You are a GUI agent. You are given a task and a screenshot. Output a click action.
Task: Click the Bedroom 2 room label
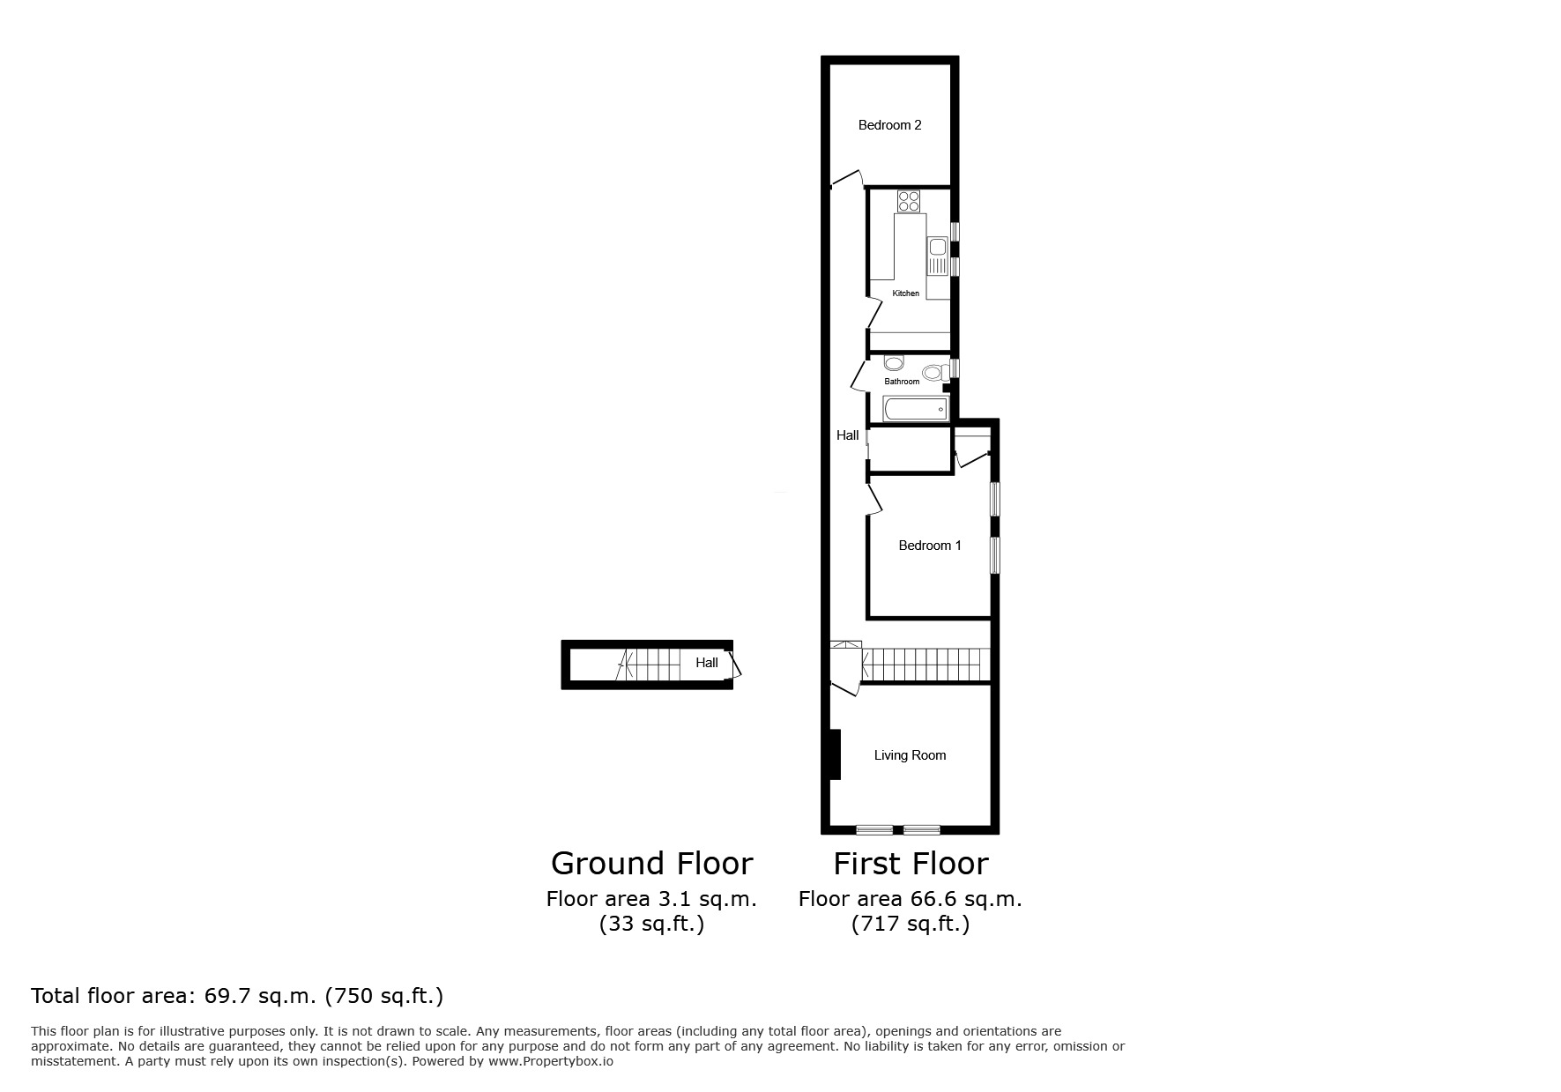pos(889,125)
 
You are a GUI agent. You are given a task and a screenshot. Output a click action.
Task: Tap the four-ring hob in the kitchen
pos(909,201)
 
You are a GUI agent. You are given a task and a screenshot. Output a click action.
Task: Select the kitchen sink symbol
pos(936,256)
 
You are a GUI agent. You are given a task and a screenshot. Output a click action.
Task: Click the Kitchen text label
pos(905,293)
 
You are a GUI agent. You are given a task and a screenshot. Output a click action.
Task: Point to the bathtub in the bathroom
pos(916,409)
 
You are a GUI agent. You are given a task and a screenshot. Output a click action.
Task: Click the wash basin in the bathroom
pos(894,363)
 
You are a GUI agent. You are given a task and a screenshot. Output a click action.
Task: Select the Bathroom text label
pos(902,382)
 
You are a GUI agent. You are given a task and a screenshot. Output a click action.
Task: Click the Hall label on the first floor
pos(847,435)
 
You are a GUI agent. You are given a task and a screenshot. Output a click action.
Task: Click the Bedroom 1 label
pos(929,546)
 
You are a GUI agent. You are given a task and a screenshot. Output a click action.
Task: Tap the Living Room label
pos(910,755)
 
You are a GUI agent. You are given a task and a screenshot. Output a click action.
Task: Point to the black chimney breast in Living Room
pos(834,754)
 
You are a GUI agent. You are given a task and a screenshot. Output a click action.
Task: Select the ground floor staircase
pos(653,663)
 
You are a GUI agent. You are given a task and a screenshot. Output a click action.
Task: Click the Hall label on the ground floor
pos(706,663)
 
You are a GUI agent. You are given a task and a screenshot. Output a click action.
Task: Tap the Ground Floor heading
pos(651,863)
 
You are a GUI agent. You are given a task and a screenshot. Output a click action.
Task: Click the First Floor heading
pos(911,863)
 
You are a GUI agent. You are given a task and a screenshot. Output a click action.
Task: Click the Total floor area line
pos(236,996)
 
